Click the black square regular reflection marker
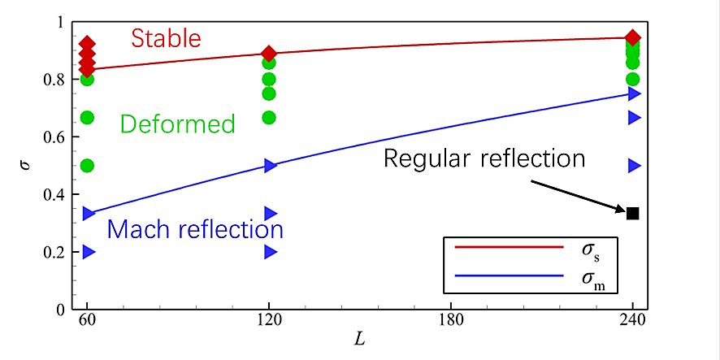click(x=632, y=213)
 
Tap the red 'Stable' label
click(x=166, y=38)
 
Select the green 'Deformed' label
click(x=177, y=124)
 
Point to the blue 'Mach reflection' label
click(x=195, y=230)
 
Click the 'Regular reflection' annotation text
click(x=484, y=158)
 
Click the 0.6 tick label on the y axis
click(x=60, y=137)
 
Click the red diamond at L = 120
click(x=269, y=54)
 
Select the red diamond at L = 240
click(x=633, y=37)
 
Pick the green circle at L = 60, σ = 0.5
click(x=87, y=166)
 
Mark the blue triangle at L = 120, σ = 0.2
click(x=270, y=252)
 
